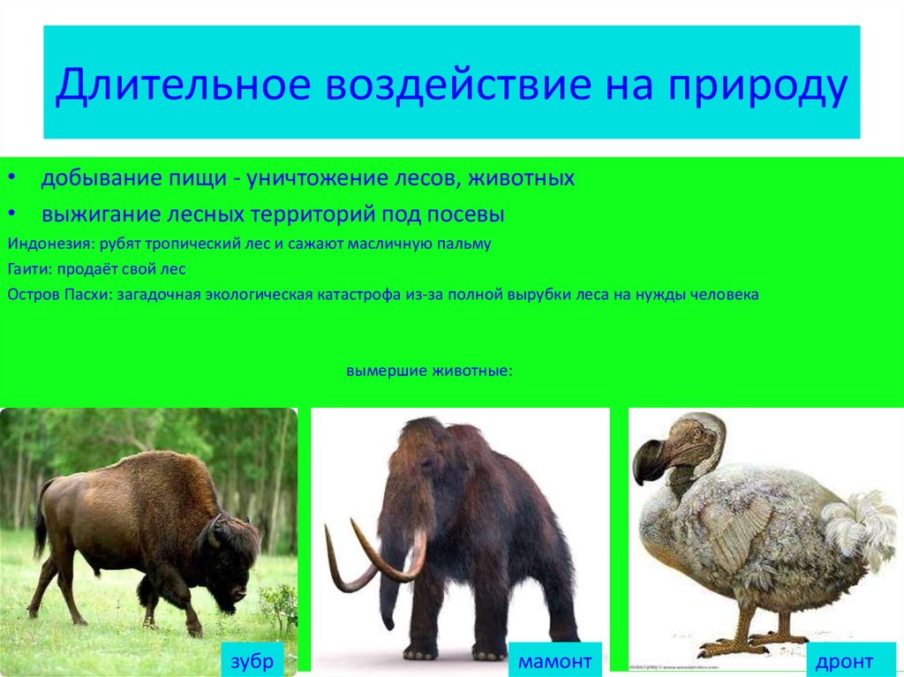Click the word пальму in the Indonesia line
point(465,243)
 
